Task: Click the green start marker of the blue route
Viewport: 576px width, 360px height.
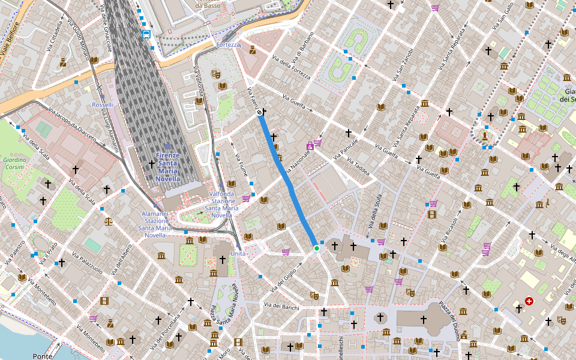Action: pyautogui.click(x=316, y=248)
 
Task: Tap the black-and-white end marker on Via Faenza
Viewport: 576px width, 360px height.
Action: pyautogui.click(x=260, y=112)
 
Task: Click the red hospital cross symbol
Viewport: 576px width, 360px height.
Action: pyautogui.click(x=529, y=301)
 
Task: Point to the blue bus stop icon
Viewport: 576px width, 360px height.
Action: pyautogui.click(x=146, y=34)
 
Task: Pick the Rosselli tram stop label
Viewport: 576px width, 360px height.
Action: pyautogui.click(x=103, y=105)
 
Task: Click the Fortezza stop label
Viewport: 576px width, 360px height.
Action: pyautogui.click(x=229, y=44)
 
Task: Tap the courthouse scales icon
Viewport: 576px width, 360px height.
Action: pyautogui.click(x=108, y=221)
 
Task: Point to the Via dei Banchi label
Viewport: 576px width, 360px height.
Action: pyautogui.click(x=281, y=307)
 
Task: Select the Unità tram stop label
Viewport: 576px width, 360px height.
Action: pyautogui.click(x=238, y=254)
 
